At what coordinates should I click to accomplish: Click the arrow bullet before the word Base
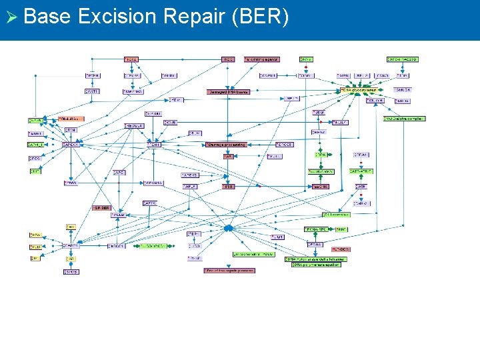pos(10,16)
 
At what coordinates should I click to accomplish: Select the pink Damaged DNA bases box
pos(229,92)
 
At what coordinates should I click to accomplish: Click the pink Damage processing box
pos(226,144)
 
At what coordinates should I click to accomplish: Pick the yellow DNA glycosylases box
pos(359,89)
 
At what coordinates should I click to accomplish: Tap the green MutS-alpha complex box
pos(405,119)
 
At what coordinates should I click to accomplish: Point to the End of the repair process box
pos(229,271)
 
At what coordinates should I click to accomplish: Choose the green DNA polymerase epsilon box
pos(315,265)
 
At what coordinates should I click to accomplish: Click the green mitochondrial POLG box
pos(253,254)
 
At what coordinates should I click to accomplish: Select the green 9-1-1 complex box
pos(337,215)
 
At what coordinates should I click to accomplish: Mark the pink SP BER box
pos(101,207)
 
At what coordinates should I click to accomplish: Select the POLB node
pos(118,215)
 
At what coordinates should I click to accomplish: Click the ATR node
pos(361,187)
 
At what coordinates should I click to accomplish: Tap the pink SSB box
pos(229,187)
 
